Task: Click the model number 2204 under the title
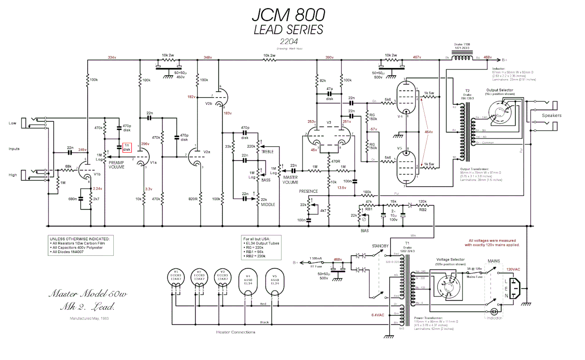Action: tap(288, 42)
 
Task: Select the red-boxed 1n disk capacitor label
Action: tap(127, 147)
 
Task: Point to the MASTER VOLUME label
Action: tap(290, 180)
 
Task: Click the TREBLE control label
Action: tap(267, 152)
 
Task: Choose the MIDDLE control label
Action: tap(268, 204)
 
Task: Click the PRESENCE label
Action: tap(308, 191)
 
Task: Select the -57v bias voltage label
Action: tap(373, 129)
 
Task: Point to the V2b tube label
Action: tap(208, 103)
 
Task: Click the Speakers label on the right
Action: tap(552, 116)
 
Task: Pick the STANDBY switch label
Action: tap(380, 246)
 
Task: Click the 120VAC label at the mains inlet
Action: tap(513, 270)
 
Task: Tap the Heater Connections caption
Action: tap(235, 332)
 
